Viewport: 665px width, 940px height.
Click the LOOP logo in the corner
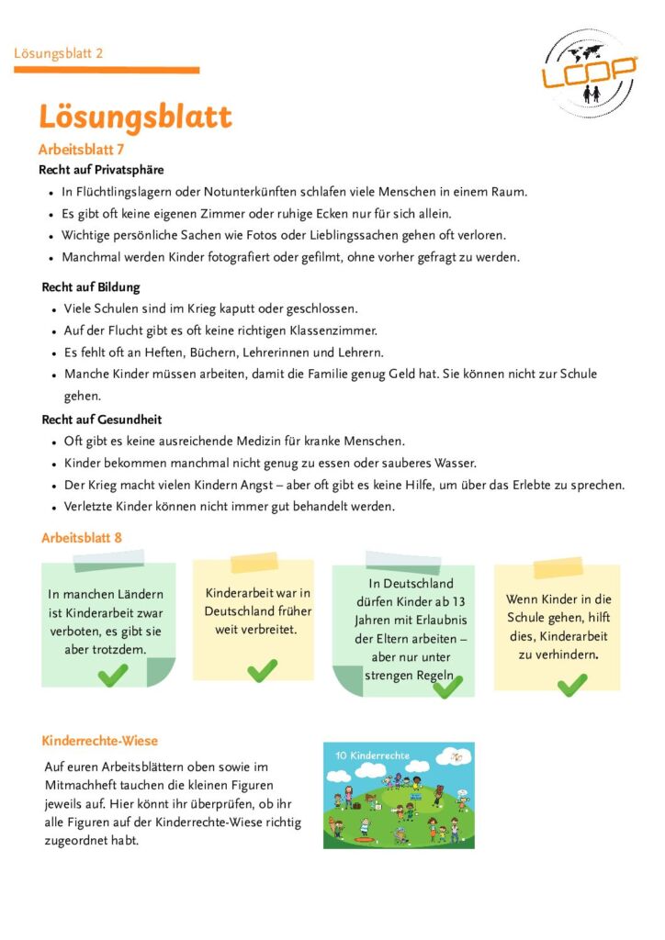(x=589, y=73)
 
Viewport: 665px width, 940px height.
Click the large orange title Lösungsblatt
(x=135, y=117)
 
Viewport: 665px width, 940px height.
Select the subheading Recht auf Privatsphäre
(x=101, y=170)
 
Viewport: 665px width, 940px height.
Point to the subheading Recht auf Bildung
(x=91, y=287)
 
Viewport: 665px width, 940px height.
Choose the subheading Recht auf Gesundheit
(x=101, y=420)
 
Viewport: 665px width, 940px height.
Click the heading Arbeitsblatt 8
(x=82, y=538)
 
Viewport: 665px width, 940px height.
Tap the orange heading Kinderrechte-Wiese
(x=100, y=741)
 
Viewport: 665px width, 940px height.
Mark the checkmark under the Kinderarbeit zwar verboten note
(x=113, y=676)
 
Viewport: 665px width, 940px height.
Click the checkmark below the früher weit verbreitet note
(x=262, y=671)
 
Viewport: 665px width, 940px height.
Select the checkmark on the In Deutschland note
(x=448, y=686)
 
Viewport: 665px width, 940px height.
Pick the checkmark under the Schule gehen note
(x=571, y=684)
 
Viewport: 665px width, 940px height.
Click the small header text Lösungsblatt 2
(x=59, y=53)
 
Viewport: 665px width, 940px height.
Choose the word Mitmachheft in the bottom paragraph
(x=83, y=786)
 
